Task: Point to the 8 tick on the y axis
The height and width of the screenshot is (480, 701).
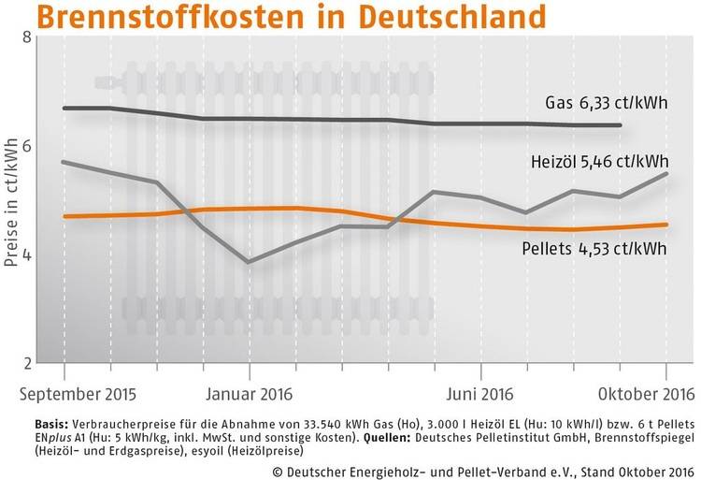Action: click(x=26, y=38)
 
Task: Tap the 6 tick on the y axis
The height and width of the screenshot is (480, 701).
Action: click(x=26, y=147)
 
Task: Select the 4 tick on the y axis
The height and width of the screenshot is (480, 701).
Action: click(x=26, y=255)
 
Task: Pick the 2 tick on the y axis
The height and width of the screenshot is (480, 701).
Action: click(x=26, y=363)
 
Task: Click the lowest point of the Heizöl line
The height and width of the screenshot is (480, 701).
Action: click(x=249, y=262)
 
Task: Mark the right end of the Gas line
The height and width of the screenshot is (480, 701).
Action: click(x=622, y=125)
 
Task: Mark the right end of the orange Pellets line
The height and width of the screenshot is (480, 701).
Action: click(x=666, y=225)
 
